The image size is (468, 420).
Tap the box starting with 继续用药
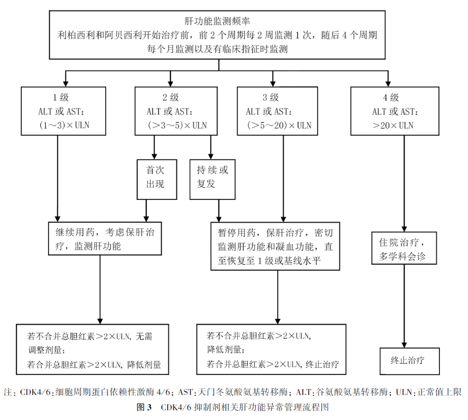pyautogui.click(x=100, y=239)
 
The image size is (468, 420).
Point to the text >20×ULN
pyautogui.click(x=393, y=126)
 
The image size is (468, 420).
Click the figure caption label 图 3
pyautogui.click(x=143, y=408)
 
